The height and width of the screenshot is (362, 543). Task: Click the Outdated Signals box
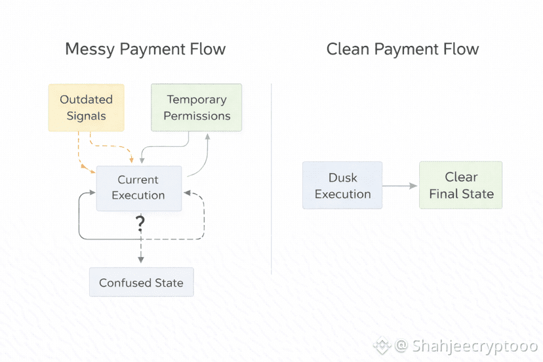pos(86,108)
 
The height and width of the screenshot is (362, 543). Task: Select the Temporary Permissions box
pos(197,108)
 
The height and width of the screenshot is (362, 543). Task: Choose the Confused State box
pos(141,283)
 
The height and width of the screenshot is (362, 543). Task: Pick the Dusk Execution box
pos(342,186)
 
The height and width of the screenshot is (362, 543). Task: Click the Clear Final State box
pos(461,186)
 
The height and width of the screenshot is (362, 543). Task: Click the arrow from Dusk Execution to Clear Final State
pos(400,186)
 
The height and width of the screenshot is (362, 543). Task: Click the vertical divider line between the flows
pos(271,177)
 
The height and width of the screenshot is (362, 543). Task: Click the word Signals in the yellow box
pos(86,116)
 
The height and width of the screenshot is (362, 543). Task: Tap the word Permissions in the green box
pos(197,116)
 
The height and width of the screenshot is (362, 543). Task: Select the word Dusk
pos(342,178)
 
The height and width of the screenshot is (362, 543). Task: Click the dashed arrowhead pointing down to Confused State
pos(140,261)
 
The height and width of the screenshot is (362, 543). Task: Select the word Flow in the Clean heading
pos(460,49)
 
